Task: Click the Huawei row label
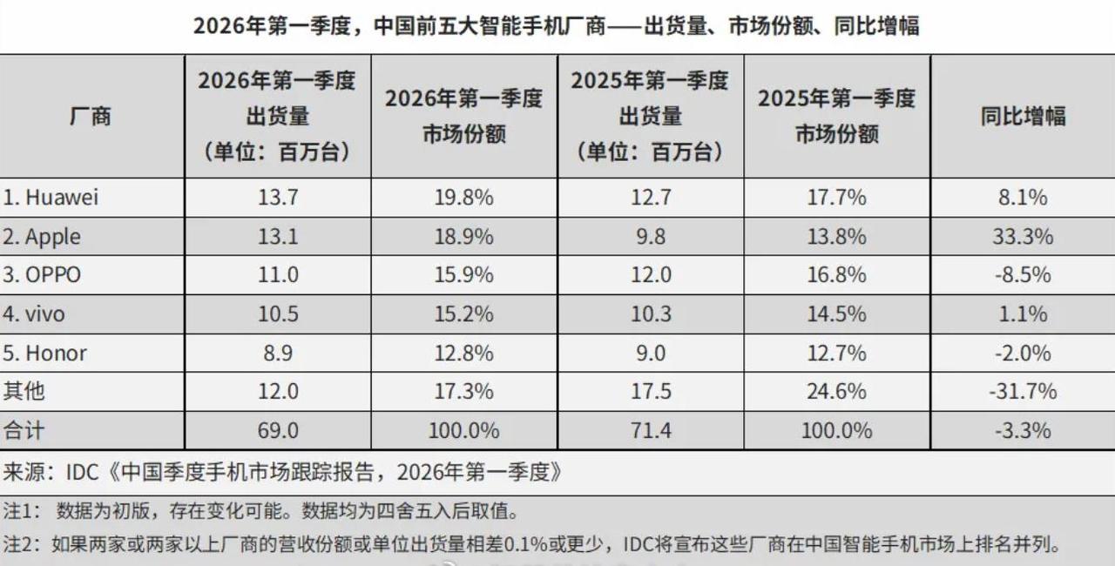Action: coord(51,198)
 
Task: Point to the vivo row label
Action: coord(34,314)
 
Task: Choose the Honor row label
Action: coord(45,353)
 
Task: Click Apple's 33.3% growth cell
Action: coord(1024,237)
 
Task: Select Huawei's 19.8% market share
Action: coord(463,198)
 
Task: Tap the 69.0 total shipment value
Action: coord(278,430)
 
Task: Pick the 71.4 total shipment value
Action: coord(650,430)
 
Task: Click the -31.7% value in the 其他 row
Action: coord(1023,392)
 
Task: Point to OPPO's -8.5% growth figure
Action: coord(1023,275)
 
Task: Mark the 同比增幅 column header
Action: coord(1023,117)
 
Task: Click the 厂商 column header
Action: coord(91,117)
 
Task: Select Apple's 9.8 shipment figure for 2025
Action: coord(650,237)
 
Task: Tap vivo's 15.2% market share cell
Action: coord(463,314)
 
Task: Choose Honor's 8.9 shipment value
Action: coord(278,353)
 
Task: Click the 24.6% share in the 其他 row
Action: coord(836,392)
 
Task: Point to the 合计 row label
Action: coord(24,430)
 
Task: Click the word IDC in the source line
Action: coord(85,473)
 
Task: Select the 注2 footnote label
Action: coord(18,545)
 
